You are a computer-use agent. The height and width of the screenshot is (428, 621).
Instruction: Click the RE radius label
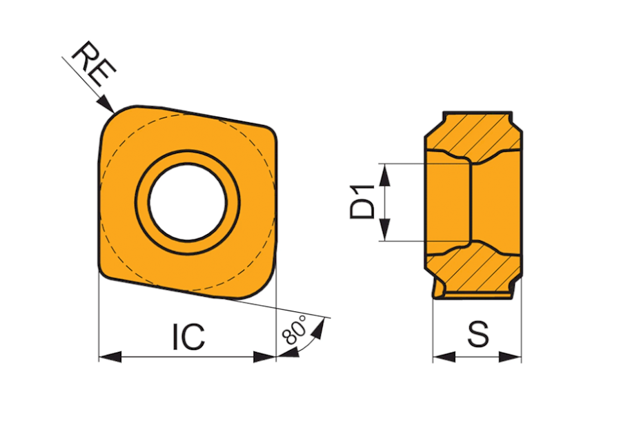coord(93,64)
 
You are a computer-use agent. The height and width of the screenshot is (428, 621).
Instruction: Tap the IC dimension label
coord(189,337)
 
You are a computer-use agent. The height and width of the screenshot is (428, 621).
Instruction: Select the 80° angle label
coord(295,330)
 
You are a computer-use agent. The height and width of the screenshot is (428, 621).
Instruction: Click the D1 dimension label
coord(362,202)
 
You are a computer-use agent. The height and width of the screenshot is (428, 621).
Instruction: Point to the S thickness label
coord(478,335)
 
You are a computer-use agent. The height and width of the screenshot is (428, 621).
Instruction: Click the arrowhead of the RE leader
coord(106,104)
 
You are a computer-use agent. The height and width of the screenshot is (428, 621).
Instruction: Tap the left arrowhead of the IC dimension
coord(110,357)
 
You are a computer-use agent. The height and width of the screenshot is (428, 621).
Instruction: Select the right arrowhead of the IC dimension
coord(264,357)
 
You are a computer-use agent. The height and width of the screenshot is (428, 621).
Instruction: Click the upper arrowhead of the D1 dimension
coord(384,175)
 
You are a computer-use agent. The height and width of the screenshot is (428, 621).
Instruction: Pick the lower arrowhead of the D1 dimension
coord(384,229)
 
